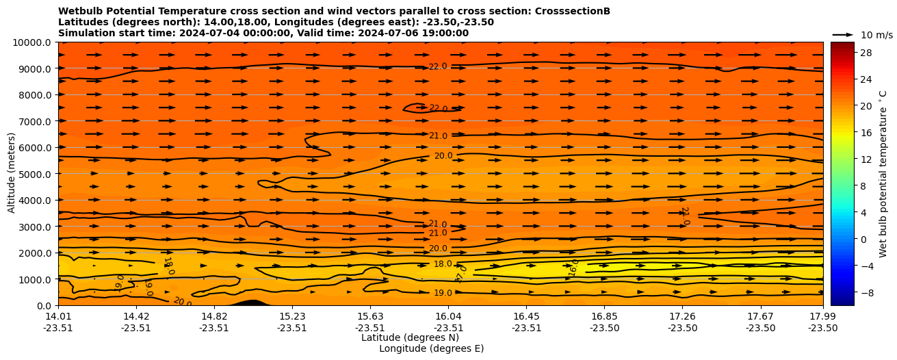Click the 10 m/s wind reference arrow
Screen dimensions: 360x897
[843, 34]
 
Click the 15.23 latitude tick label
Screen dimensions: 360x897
[292, 316]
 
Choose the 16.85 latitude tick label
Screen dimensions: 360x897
[604, 316]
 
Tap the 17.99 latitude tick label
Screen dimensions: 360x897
[822, 316]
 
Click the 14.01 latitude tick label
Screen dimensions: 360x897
[58, 316]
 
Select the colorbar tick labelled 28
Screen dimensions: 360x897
[866, 53]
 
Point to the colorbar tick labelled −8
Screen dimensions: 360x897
[866, 292]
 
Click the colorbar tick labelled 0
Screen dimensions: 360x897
[863, 239]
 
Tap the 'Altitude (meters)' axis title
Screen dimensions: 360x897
[12, 172]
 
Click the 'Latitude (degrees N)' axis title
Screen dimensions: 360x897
[410, 337]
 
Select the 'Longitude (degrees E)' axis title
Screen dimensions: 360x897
[431, 348]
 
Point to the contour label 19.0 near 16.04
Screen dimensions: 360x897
[443, 293]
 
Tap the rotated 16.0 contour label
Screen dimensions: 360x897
[575, 268]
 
